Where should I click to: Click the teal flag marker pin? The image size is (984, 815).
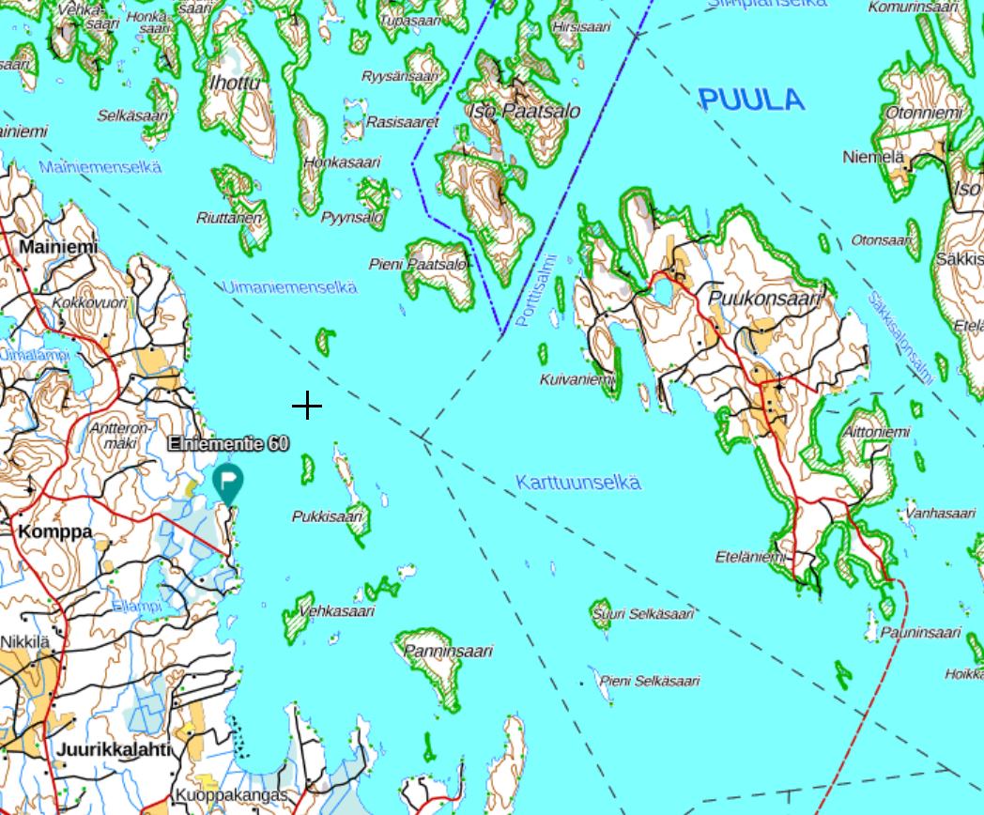coord(228,482)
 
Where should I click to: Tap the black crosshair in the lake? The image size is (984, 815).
coord(307,407)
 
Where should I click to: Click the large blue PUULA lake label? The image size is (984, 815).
coord(752,100)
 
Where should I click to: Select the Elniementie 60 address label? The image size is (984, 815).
coord(228,443)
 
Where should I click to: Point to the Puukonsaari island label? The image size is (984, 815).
coord(765,299)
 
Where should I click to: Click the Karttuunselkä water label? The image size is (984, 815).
coord(578,483)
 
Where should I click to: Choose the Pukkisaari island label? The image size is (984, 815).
coord(327,516)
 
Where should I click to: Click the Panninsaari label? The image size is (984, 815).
coord(448,651)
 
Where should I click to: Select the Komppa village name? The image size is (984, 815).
coord(55,531)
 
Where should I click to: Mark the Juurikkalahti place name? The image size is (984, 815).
coord(114,749)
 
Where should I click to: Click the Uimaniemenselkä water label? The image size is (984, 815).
coord(289,287)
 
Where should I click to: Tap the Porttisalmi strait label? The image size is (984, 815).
coord(536,292)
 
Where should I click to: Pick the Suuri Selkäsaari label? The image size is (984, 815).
coord(643,614)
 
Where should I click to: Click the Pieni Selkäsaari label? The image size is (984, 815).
coord(650,681)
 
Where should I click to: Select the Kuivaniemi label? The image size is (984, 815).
coord(577,379)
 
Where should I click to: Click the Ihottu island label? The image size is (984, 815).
coord(235,85)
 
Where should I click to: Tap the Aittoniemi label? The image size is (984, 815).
coord(876,432)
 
